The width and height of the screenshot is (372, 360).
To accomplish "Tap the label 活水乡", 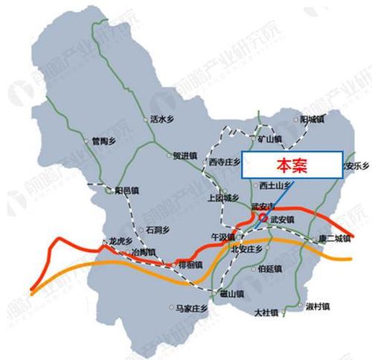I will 162,118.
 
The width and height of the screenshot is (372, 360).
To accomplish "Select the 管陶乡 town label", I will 103,138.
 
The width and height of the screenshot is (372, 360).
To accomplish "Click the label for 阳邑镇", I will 126,190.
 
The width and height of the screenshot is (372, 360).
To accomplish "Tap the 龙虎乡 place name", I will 121,241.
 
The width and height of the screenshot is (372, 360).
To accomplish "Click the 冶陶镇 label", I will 144,253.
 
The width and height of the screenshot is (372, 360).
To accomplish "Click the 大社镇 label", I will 266,312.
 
